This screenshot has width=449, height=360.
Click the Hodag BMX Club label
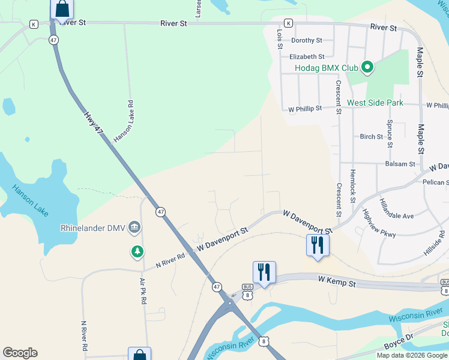[x=326, y=67]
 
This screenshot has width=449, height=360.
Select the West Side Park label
[x=375, y=103]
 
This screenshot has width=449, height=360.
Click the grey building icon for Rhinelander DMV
[x=135, y=227]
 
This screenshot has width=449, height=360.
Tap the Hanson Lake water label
[x=30, y=201]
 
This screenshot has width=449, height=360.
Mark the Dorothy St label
[x=307, y=41]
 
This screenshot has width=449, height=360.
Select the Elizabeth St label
[x=307, y=57]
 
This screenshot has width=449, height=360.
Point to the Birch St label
[x=371, y=137]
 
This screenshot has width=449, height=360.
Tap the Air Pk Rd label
[x=143, y=290]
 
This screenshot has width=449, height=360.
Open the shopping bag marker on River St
[x=61, y=9]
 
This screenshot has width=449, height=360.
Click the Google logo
[x=20, y=353]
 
